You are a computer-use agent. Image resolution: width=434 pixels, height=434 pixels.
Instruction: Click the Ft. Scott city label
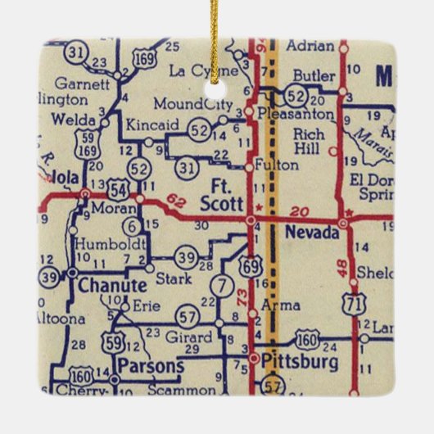pyautogui.click(x=217, y=193)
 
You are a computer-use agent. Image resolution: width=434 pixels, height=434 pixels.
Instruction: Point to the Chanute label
pyautogui.click(x=113, y=286)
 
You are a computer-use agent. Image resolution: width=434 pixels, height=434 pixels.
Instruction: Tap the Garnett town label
pyautogui.click(x=75, y=83)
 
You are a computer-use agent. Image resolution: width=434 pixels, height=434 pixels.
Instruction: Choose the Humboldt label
pyautogui.click(x=111, y=242)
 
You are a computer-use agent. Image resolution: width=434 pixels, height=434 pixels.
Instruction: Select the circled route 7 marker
pyautogui.click(x=220, y=286)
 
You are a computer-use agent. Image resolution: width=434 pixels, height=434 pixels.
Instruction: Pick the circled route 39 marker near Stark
pyautogui.click(x=187, y=259)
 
